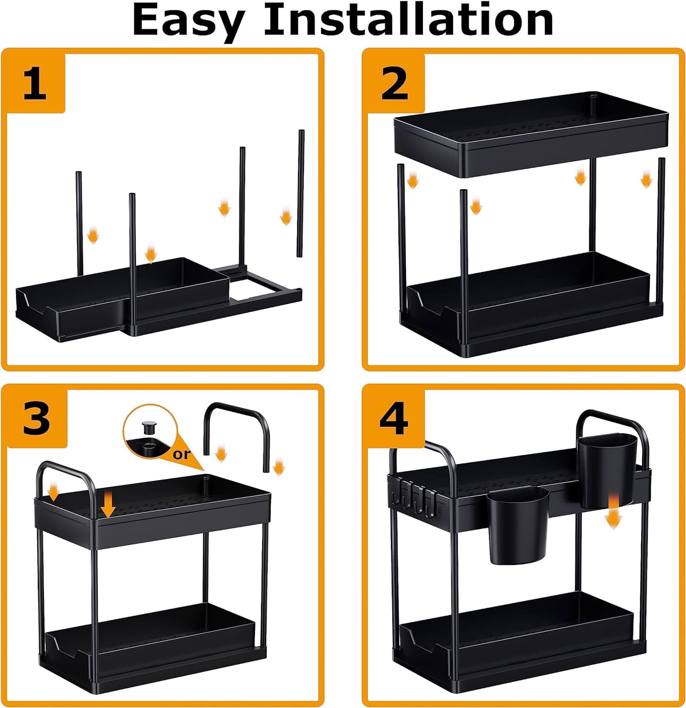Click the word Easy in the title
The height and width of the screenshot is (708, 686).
pyautogui.click(x=188, y=21)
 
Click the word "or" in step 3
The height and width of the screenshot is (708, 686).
pyautogui.click(x=181, y=454)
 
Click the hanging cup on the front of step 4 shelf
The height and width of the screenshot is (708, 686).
pyautogui.click(x=518, y=524)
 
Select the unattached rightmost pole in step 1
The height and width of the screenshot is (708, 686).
pyautogui.click(x=301, y=194)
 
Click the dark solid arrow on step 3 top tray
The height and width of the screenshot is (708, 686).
pyautogui.click(x=109, y=505)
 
